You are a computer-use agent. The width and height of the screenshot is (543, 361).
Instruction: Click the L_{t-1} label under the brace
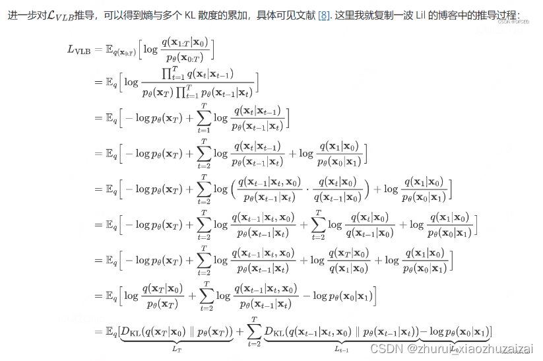[341, 348]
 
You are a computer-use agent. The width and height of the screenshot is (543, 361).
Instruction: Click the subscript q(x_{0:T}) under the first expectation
[123, 52]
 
